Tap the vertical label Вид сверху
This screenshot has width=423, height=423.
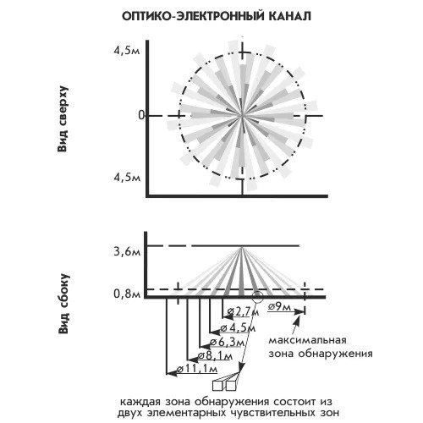pyautogui.click(x=63, y=119)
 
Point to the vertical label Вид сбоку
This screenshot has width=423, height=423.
pyautogui.click(x=63, y=304)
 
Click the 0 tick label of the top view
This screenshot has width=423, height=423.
pyautogui.click(x=141, y=116)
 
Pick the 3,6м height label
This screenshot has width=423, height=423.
pyautogui.click(x=127, y=251)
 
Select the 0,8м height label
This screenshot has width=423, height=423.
pyautogui.click(x=127, y=294)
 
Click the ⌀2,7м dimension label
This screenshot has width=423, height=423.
pyautogui.click(x=243, y=312)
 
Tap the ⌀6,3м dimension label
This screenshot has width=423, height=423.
pyautogui.click(x=227, y=343)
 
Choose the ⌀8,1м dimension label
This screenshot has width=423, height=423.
pyautogui.click(x=215, y=356)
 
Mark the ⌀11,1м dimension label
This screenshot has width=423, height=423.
pyautogui.click(x=197, y=369)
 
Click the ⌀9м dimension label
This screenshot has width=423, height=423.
pyautogui.click(x=279, y=306)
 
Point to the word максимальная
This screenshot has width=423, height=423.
pyautogui.click(x=307, y=340)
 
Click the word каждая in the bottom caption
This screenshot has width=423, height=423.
pyautogui.click(x=140, y=402)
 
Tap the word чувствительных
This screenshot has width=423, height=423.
pyautogui.click(x=272, y=414)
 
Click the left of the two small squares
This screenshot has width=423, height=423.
pyautogui.click(x=217, y=386)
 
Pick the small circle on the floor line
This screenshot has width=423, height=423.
pyautogui.click(x=257, y=297)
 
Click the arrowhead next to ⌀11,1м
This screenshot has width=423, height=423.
pyautogui.click(x=172, y=373)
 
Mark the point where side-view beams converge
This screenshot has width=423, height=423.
pyautogui.click(x=242, y=247)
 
